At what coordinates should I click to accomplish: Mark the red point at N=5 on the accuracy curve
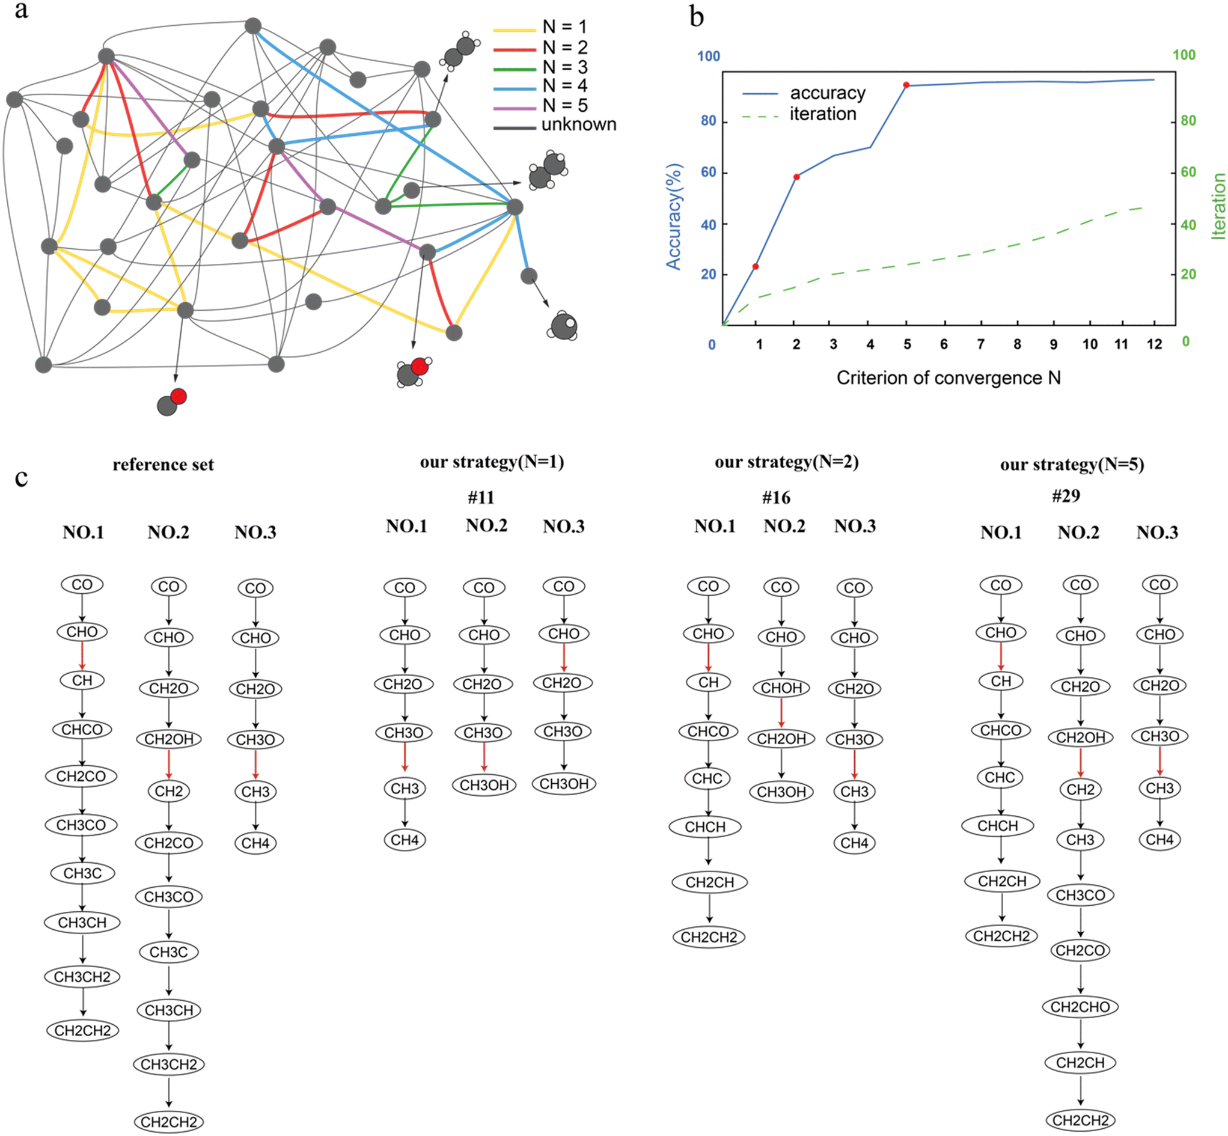[x=906, y=85]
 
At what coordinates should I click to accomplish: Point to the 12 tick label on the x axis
[x=1154, y=344]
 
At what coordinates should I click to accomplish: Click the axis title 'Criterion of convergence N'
[x=948, y=377]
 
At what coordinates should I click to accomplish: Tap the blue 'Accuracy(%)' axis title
[x=674, y=216]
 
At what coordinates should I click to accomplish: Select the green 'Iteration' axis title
[x=1218, y=207]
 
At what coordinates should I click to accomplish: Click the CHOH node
[x=781, y=688]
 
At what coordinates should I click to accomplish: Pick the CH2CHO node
[x=1080, y=1007]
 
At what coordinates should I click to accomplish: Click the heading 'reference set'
[x=163, y=464]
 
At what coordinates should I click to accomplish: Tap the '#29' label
[x=1066, y=495]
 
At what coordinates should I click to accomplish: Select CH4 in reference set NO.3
[x=255, y=843]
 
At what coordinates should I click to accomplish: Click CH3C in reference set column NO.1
[x=82, y=873]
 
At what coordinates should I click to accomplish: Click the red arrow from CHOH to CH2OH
[x=781, y=713]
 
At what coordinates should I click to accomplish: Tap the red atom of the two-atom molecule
[x=179, y=397]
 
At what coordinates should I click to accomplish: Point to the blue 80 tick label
[x=709, y=120]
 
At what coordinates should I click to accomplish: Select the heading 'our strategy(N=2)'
[x=787, y=462]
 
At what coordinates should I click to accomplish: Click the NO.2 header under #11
[x=486, y=525]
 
